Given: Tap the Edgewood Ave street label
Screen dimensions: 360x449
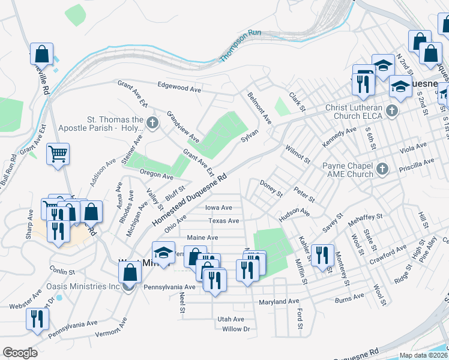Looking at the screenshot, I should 179,88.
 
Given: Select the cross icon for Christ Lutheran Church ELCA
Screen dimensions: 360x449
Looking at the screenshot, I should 392,111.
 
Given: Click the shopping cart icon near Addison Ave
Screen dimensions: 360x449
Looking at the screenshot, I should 58,155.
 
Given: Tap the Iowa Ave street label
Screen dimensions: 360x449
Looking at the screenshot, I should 218,208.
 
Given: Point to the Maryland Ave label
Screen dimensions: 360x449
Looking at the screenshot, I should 279,301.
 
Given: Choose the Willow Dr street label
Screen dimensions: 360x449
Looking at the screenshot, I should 235,329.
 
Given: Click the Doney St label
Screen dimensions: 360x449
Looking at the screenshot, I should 271,188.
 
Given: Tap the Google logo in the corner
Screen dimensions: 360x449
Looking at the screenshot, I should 20,353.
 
